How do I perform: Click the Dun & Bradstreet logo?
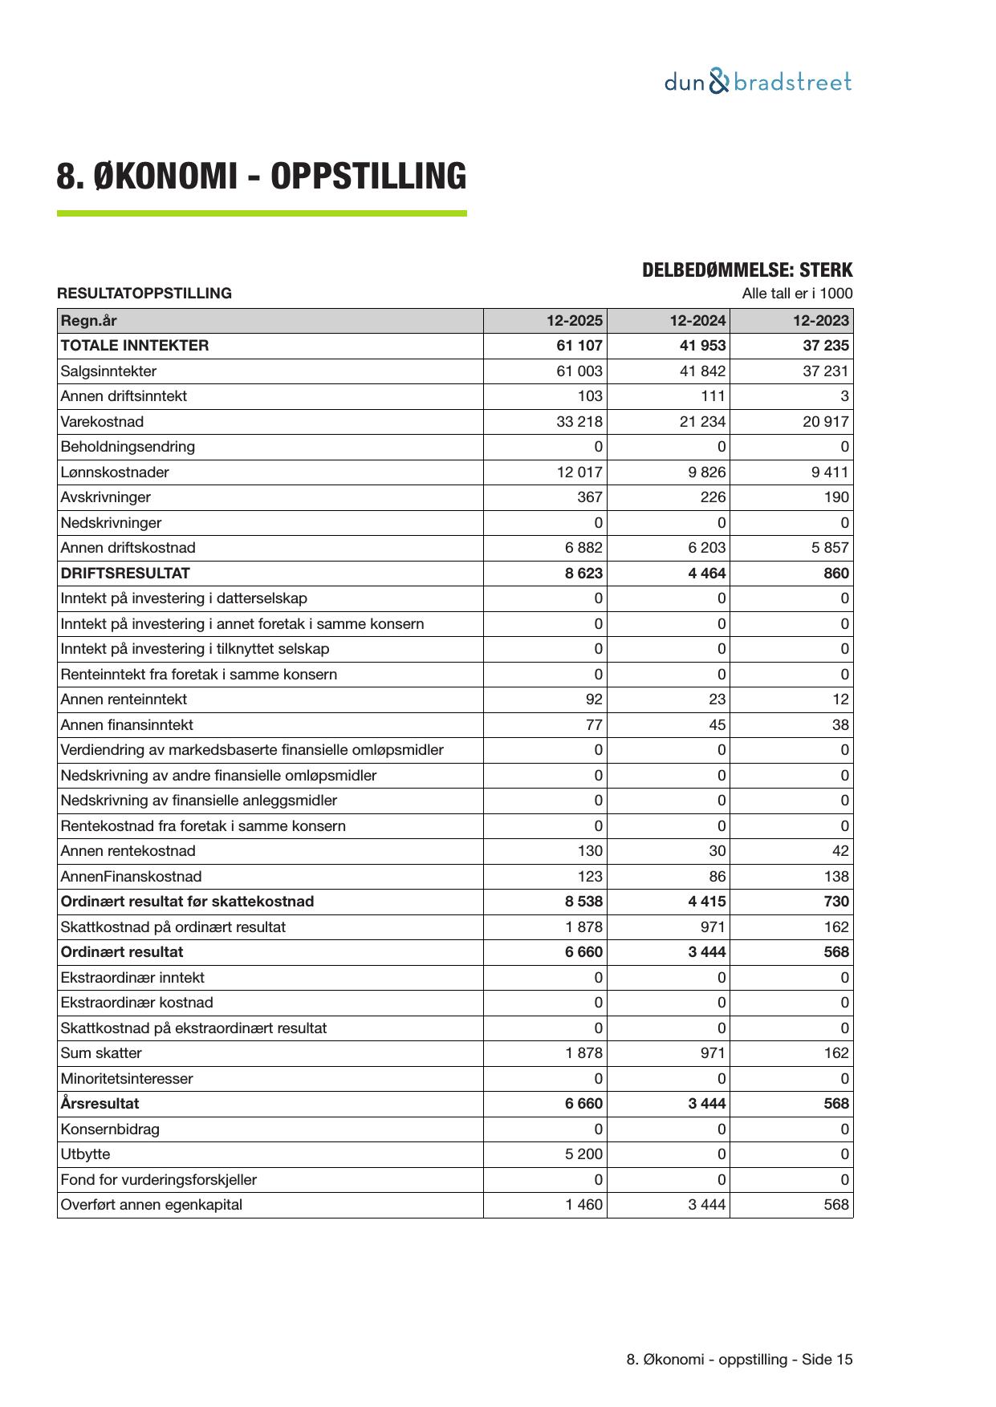tap(758, 82)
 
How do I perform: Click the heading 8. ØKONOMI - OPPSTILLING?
tap(262, 176)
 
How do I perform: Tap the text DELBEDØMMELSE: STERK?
tap(747, 270)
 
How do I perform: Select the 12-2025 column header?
tap(574, 321)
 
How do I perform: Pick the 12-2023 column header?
tap(820, 321)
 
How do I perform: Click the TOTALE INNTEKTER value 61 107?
tap(579, 346)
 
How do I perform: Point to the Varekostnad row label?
tap(102, 422)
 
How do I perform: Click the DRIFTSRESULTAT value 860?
tap(835, 574)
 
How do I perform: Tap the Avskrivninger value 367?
tap(590, 497)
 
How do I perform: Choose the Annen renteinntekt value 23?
tap(717, 699)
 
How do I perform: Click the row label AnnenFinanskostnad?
tap(131, 877)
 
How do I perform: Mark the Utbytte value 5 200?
tap(583, 1154)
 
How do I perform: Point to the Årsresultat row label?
tap(100, 1104)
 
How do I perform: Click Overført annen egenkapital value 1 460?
tap(583, 1205)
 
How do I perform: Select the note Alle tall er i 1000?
tap(797, 294)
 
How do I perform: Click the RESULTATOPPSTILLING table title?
tap(144, 294)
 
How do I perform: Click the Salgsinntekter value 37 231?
tap(825, 371)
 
